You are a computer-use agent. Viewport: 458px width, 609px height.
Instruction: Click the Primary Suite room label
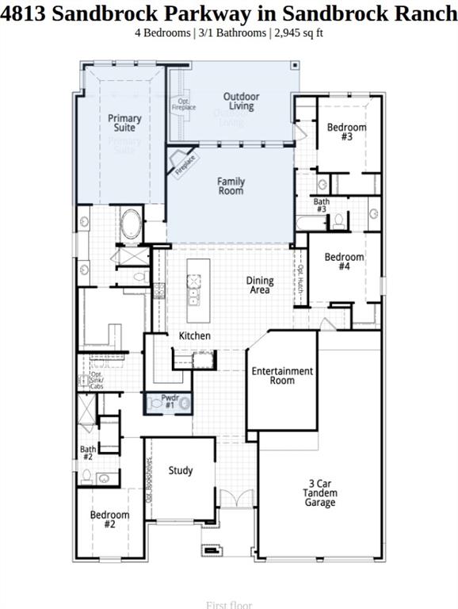click(x=124, y=123)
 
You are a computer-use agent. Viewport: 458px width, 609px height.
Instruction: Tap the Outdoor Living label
click(x=241, y=101)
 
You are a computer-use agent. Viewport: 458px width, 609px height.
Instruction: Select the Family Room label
click(x=231, y=186)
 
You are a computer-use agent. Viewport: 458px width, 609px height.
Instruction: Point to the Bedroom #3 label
click(x=346, y=132)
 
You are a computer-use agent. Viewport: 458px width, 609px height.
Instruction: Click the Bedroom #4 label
click(x=344, y=262)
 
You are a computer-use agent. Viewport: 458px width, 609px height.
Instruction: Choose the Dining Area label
click(x=260, y=285)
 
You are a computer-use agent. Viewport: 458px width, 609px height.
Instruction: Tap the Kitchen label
click(x=194, y=336)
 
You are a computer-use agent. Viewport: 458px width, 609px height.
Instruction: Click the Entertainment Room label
click(x=282, y=375)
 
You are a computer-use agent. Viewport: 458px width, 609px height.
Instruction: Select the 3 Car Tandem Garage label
click(x=321, y=492)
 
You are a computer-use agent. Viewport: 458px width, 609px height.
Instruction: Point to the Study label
click(x=181, y=470)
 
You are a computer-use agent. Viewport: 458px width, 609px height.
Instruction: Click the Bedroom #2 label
click(x=109, y=519)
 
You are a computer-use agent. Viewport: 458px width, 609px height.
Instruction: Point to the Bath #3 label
click(x=321, y=205)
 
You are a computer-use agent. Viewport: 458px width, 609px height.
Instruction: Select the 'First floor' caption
click(x=228, y=605)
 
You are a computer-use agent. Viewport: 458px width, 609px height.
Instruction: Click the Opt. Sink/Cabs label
click(x=97, y=381)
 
